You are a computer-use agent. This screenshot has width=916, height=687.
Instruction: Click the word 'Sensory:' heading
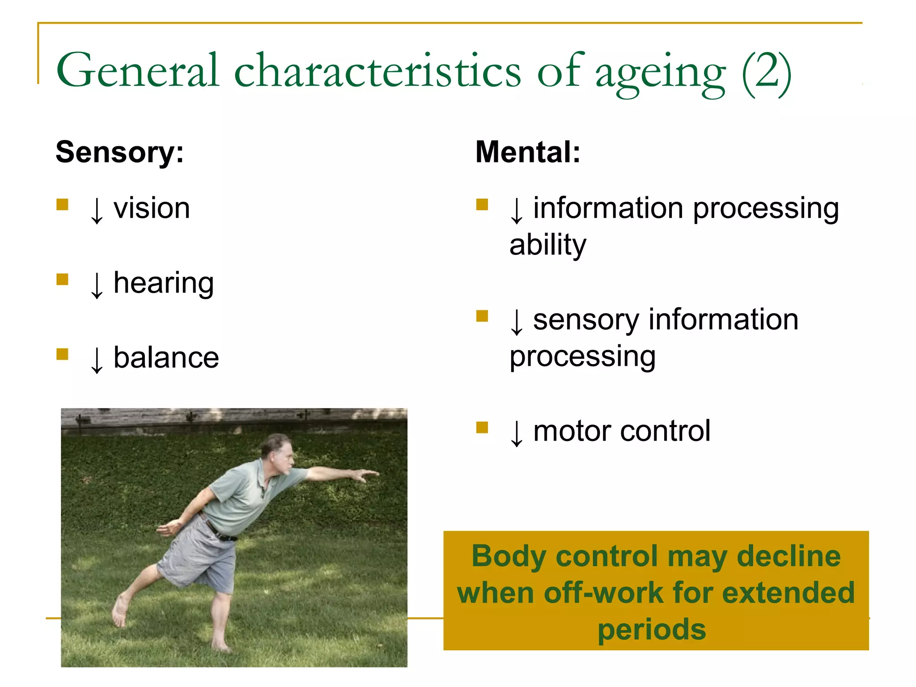[119, 153]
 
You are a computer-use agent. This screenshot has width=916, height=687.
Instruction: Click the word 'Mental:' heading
[527, 153]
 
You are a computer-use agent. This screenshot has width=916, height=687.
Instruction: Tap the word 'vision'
[152, 208]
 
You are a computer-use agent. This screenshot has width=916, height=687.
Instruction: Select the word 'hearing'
[163, 284]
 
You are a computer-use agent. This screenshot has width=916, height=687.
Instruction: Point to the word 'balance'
[166, 358]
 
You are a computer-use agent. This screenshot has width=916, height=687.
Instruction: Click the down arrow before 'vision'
[97, 210]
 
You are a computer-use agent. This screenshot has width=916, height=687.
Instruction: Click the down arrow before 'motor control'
[516, 433]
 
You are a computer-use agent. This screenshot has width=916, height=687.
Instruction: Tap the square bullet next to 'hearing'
[62, 280]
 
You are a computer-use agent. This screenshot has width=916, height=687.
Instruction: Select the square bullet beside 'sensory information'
[482, 316]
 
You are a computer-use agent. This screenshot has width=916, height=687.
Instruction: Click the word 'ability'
[547, 245]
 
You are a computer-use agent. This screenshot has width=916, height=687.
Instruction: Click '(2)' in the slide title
[766, 72]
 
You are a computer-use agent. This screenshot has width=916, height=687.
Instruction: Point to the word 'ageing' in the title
[660, 74]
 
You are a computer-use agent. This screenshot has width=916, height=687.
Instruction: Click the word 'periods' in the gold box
[652, 630]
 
